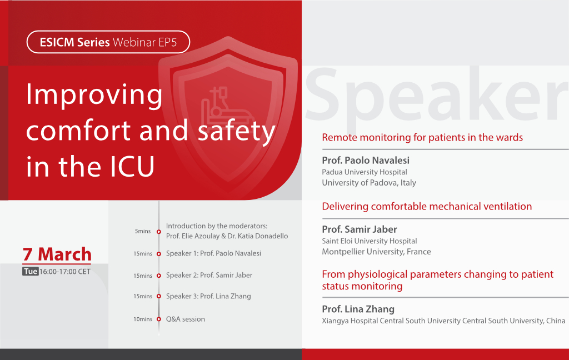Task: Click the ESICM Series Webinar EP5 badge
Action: click(108, 42)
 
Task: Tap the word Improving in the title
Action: click(94, 95)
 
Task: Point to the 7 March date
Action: click(57, 254)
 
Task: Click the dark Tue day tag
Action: click(31, 272)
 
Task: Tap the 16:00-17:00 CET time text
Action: click(65, 272)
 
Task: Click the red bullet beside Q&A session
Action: click(158, 319)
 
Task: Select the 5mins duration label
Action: click(143, 231)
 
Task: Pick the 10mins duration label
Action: click(143, 319)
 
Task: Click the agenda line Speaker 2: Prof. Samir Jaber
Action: click(209, 275)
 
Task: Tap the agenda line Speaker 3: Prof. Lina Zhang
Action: click(208, 296)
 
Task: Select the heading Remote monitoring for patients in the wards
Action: click(422, 138)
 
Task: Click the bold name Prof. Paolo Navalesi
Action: click(366, 160)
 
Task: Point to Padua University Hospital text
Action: click(365, 172)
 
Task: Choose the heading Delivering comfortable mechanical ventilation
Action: click(427, 207)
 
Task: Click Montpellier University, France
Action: click(376, 252)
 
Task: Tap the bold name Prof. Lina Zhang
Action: click(358, 309)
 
